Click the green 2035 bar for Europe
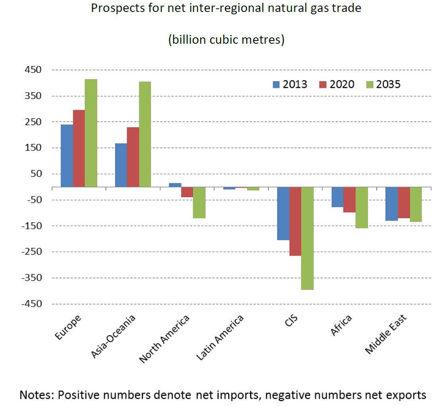(91, 133)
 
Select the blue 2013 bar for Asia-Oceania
(121, 165)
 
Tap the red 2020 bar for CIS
(295, 221)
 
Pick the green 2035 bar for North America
(199, 202)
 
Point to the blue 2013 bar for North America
(175, 185)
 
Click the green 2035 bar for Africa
(362, 207)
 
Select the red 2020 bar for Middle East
(404, 202)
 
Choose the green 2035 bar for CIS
(307, 238)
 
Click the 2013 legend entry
(290, 84)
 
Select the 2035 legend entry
(383, 84)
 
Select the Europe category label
(68, 327)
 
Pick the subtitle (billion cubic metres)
(226, 40)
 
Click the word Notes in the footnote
(36, 395)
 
